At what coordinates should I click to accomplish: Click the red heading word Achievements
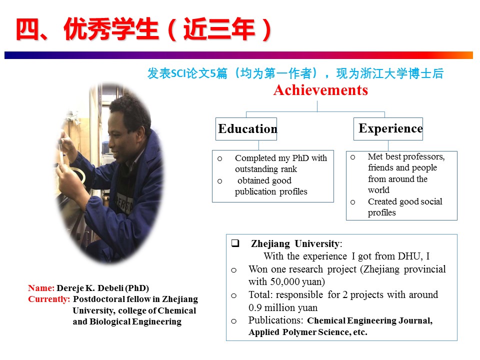pos(320,90)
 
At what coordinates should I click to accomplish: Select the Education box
pos(246,129)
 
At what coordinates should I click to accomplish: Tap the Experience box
pos(388,129)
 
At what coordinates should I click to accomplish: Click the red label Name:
pos(41,288)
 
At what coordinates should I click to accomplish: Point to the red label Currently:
pos(49,299)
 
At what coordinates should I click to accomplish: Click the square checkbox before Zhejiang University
pos(235,243)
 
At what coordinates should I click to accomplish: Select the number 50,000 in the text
pos(285,281)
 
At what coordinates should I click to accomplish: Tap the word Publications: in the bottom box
pos(275,320)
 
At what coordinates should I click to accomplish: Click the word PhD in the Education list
pos(300,158)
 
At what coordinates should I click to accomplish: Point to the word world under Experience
pos(378,190)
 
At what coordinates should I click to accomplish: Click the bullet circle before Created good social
pos(352,202)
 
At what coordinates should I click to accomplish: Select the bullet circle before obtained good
pos(219,181)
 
